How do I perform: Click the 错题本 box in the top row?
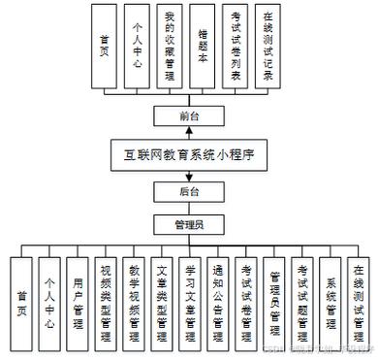click(202, 47)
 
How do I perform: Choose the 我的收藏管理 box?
click(169, 47)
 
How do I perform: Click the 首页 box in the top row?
click(104, 47)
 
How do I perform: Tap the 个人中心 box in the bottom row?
click(49, 301)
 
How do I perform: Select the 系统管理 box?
click(331, 301)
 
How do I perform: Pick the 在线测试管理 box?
click(360, 301)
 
